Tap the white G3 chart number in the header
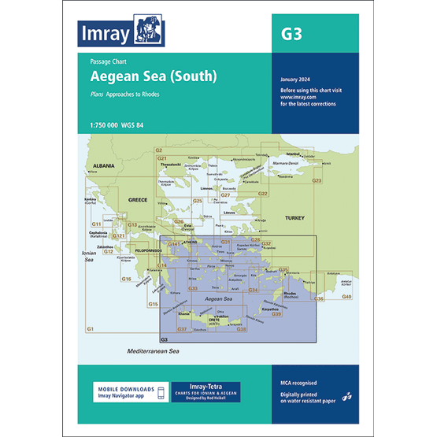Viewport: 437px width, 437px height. pos(291,35)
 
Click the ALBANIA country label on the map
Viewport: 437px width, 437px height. pos(104,166)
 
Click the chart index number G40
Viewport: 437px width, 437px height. pos(346,296)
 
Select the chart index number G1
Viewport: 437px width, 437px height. pos(91,328)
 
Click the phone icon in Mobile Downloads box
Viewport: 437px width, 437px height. pos(161,392)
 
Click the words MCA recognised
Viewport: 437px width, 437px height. pos(296,383)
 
